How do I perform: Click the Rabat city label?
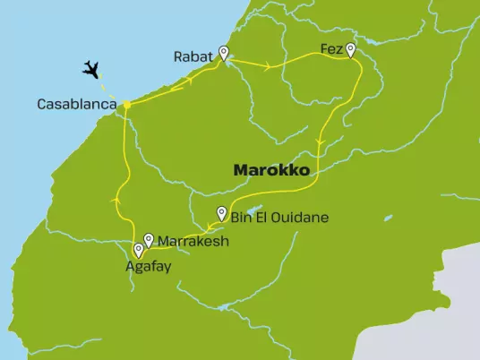[193, 56]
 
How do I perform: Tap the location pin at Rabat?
[223, 53]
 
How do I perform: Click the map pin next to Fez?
[351, 50]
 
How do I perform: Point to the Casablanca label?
[77, 105]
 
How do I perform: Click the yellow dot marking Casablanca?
[127, 105]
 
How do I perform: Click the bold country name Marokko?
[271, 168]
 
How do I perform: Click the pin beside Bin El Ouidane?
[222, 213]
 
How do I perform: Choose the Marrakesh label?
[193, 241]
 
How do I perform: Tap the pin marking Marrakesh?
[149, 239]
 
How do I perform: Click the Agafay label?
[149, 266]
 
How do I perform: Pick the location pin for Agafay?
[138, 251]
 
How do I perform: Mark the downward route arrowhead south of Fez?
[320, 146]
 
